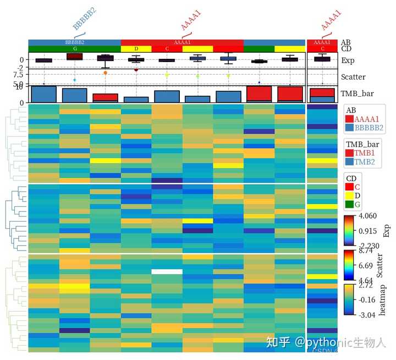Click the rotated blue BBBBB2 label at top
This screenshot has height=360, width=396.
(84, 19)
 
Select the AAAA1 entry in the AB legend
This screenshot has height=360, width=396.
(366, 119)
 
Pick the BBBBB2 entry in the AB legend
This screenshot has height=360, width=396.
(367, 128)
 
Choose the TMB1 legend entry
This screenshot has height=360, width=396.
(363, 153)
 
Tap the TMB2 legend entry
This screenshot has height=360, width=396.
(363, 162)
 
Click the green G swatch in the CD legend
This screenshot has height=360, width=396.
(349, 204)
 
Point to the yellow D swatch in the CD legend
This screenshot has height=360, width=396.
(349, 196)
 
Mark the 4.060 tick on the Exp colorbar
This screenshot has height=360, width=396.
(367, 217)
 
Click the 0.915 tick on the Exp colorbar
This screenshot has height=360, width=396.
(367, 231)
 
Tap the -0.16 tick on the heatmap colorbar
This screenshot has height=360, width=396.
(366, 300)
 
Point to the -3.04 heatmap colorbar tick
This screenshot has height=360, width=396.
(366, 315)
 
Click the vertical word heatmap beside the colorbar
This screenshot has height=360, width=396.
(383, 300)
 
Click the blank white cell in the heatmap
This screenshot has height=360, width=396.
(167, 272)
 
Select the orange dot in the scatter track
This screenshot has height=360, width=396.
(105, 73)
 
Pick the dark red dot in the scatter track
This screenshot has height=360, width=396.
(136, 69)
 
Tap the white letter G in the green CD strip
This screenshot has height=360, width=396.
(75, 49)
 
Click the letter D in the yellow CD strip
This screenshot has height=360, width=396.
(136, 49)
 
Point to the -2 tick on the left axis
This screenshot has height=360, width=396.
(20, 67)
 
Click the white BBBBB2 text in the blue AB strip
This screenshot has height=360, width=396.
(75, 42)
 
